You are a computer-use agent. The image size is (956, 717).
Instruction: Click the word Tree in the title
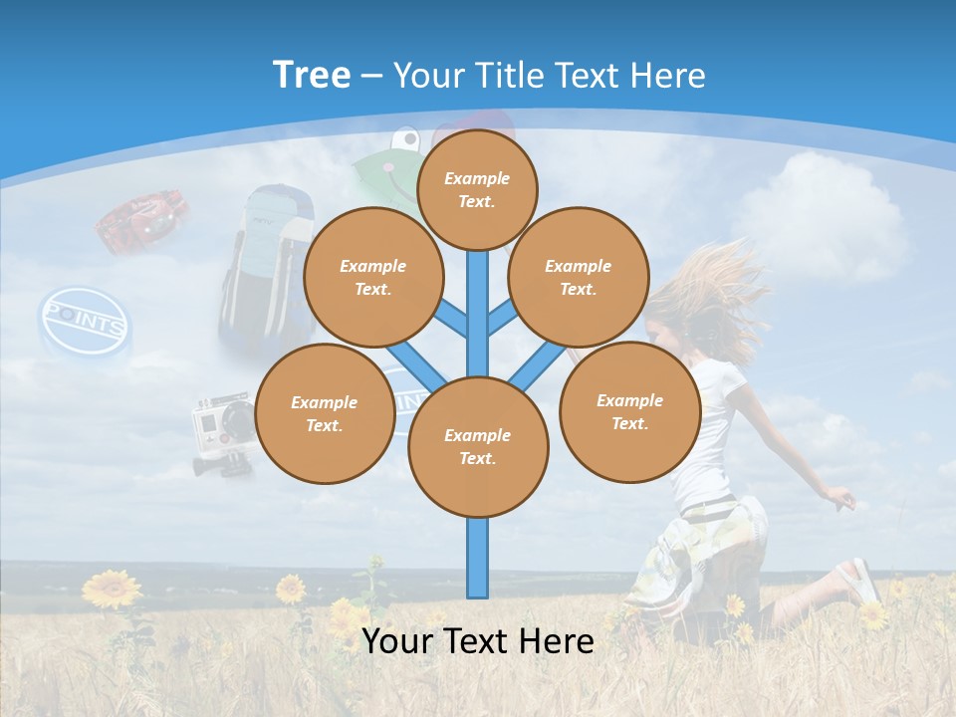click(x=312, y=75)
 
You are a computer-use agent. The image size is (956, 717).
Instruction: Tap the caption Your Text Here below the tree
click(x=477, y=641)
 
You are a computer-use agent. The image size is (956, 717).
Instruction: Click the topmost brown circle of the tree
click(x=477, y=189)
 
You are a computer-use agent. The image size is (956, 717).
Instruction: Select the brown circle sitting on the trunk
click(x=478, y=447)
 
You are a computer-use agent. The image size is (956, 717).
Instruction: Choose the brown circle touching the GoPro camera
click(x=324, y=413)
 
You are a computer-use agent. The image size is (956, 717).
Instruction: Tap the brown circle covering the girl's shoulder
click(x=629, y=411)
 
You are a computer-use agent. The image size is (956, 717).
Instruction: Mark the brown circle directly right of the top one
click(x=578, y=277)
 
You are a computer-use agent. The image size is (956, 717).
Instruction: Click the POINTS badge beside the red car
click(x=85, y=324)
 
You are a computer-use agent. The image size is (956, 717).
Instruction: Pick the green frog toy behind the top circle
click(x=383, y=169)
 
